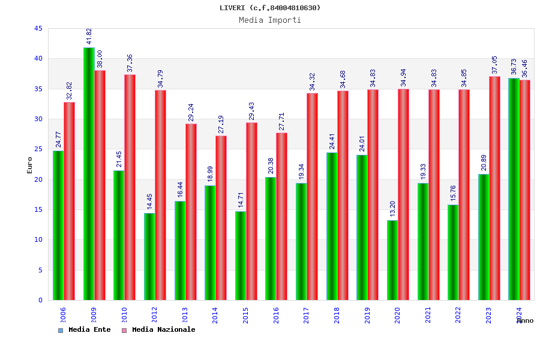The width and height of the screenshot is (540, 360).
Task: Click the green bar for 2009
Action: click(89, 174)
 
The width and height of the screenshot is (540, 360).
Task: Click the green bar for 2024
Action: click(514, 189)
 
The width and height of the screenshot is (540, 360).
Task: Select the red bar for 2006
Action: click(70, 201)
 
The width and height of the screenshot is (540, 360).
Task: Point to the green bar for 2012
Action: click(149, 256)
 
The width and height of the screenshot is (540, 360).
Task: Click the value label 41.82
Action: click(89, 37)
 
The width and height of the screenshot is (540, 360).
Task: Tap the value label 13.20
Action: click(393, 209)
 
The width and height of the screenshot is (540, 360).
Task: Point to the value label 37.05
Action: click(495, 65)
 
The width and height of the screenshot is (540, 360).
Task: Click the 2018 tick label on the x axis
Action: click(337, 315)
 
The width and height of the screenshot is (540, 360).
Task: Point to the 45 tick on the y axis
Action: click(38, 29)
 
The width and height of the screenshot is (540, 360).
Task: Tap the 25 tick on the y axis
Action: click(38, 149)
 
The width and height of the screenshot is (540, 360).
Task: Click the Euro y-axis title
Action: click(30, 165)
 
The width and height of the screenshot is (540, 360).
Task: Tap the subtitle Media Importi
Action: click(270, 20)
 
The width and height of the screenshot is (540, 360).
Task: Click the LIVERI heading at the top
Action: click(270, 8)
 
